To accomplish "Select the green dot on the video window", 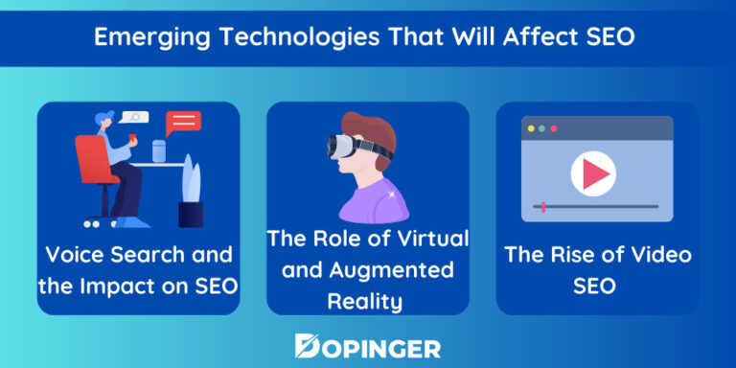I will point(552,127).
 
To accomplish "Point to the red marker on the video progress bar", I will point(544,206).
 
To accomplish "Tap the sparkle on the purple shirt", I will point(391,195).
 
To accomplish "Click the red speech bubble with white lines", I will point(183,123).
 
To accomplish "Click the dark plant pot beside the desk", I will point(191,213).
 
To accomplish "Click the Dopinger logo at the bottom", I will point(368,345).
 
